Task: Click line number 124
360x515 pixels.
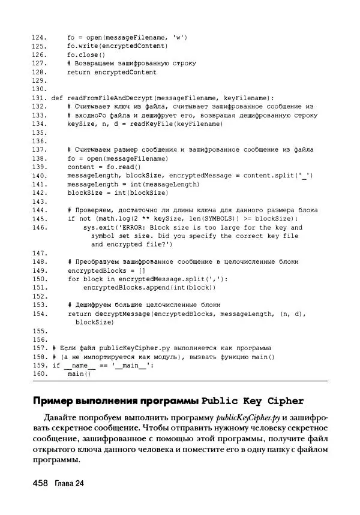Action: (39, 37)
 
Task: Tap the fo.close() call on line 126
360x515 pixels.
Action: (86, 55)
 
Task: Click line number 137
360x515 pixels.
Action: (39, 149)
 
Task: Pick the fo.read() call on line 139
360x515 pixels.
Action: (118, 167)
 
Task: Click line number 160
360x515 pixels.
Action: (39, 374)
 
